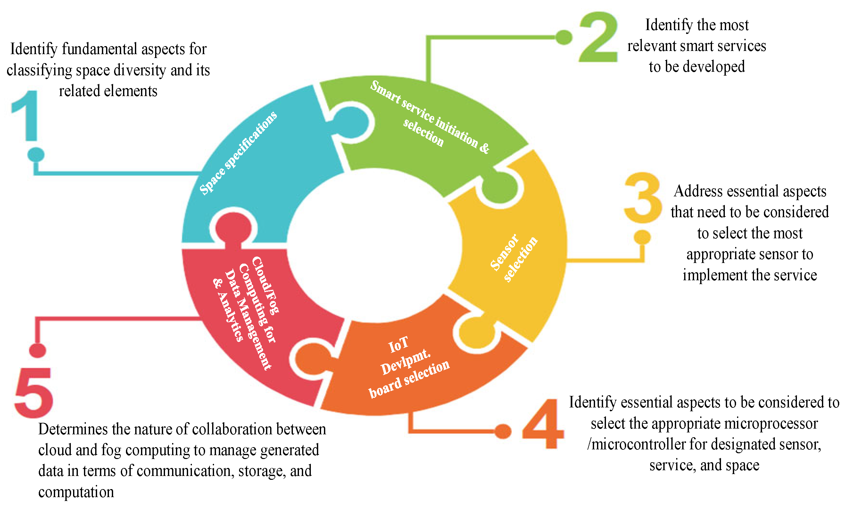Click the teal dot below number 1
tap(36, 155)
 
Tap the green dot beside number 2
tap(564, 37)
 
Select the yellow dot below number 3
tap(642, 237)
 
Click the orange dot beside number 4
tap(503, 431)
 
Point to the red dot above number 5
tap(38, 350)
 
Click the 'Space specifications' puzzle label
tap(238, 153)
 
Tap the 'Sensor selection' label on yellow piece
tap(514, 258)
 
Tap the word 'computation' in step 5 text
tap(76, 492)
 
